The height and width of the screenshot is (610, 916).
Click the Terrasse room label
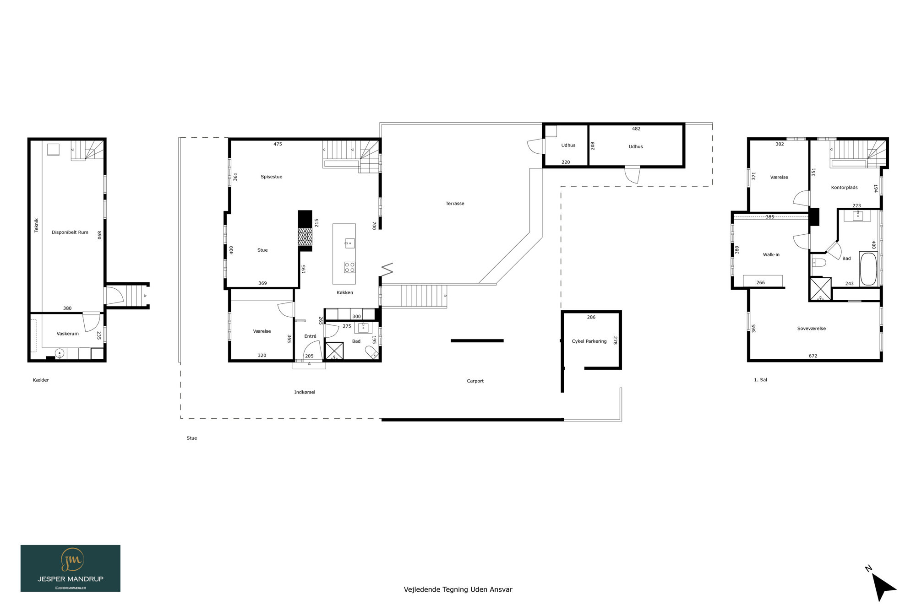455,204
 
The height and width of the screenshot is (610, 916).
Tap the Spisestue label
272,177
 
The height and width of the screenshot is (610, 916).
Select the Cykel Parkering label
589,341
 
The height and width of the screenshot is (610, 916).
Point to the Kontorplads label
844,188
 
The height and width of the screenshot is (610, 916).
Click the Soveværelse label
812,329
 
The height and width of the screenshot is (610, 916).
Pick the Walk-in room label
771,255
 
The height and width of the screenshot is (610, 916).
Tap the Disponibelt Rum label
70,232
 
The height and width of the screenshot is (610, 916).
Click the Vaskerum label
68,334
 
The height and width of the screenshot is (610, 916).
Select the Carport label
475,381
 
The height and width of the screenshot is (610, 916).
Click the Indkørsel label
305,392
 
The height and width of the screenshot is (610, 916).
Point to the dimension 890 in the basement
99,235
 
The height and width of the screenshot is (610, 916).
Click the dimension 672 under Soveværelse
813,356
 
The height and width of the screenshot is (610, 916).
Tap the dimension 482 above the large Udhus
636,129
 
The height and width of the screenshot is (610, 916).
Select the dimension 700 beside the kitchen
374,226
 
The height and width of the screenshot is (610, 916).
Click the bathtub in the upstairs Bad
868,269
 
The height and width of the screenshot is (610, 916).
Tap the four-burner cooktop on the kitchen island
349,267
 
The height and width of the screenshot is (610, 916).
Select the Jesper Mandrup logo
71,568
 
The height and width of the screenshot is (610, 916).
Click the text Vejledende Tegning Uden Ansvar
458,589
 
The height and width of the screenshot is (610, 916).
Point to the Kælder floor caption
41,380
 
